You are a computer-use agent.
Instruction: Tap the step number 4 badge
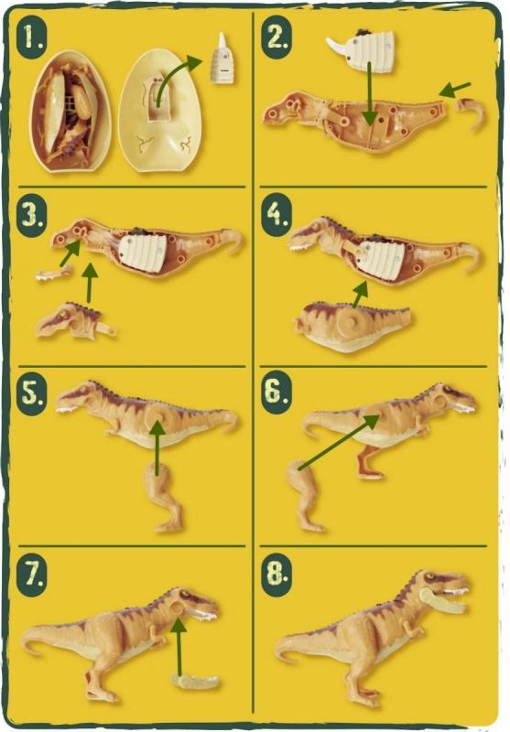click(x=277, y=215)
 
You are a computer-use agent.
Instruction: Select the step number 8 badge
click(x=277, y=574)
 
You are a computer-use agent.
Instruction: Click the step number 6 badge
click(x=277, y=393)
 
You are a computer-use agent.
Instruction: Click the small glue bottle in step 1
click(x=222, y=59)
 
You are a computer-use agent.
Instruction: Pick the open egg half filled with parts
click(x=71, y=112)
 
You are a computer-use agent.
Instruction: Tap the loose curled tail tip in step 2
click(x=471, y=113)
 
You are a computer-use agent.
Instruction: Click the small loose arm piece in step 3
click(x=54, y=273)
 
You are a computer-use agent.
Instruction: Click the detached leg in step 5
click(x=164, y=497)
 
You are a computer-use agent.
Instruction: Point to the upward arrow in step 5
click(x=157, y=448)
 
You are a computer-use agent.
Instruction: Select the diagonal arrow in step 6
click(x=340, y=442)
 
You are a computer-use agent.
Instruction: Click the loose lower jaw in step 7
click(x=195, y=681)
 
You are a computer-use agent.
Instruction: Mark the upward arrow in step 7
click(x=179, y=646)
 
